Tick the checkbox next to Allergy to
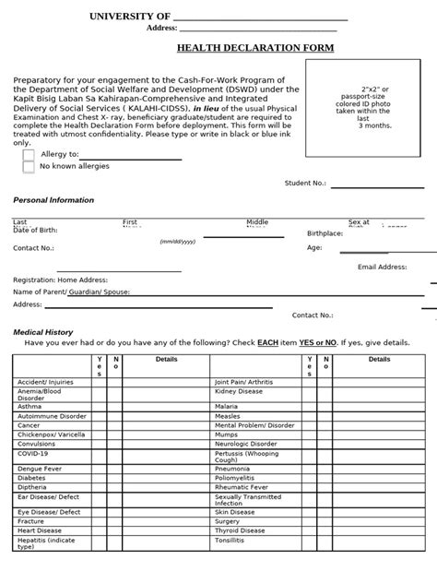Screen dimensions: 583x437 29,154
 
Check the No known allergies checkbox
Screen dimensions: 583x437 29,167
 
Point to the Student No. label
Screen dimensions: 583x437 305,184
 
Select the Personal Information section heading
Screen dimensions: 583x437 53,200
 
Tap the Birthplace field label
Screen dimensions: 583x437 325,233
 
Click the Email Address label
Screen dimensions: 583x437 382,267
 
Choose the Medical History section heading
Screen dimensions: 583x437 42,331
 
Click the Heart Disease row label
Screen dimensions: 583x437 40,530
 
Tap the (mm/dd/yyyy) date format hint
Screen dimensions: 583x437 178,241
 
